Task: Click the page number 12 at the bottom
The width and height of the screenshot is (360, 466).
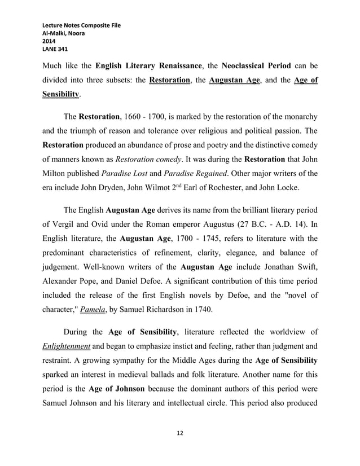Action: (180, 433)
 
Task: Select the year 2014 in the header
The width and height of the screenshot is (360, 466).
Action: (50, 41)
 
